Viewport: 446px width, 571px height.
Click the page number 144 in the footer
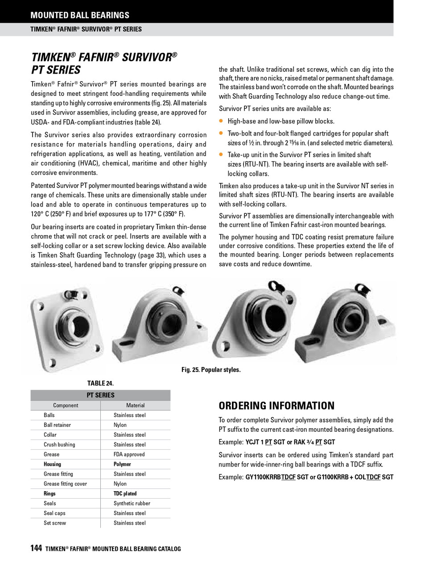(36, 548)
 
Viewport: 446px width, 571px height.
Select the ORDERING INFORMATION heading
(276, 406)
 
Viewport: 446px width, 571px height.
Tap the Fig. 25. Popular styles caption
(211, 370)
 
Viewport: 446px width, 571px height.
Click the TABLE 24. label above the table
(100, 383)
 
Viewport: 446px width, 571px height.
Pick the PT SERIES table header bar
(100, 395)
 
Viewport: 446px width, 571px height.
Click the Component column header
(66, 405)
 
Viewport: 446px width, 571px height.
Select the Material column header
(135, 405)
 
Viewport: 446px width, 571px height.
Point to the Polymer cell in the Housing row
(122, 464)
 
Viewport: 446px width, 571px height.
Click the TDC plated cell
(125, 494)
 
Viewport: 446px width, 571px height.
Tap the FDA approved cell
(129, 455)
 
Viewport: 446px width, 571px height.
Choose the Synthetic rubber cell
(132, 504)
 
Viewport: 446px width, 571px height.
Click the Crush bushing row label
(59, 445)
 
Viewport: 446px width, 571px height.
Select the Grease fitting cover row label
(65, 484)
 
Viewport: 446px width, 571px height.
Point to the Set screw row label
(55, 523)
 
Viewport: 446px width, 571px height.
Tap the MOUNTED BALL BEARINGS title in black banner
(80, 15)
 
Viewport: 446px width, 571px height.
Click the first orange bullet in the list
(221, 121)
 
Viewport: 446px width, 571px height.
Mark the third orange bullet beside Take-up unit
(221, 154)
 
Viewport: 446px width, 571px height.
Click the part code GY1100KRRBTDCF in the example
(270, 477)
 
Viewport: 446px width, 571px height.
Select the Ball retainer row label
(57, 425)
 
